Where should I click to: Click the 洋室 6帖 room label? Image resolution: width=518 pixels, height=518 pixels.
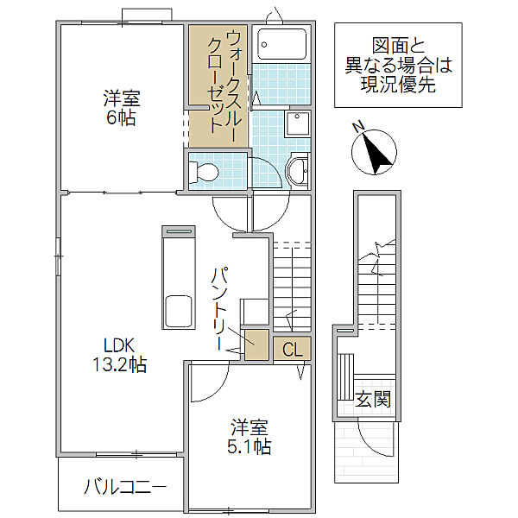point(120,108)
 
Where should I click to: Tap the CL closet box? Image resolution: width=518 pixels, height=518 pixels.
point(292,349)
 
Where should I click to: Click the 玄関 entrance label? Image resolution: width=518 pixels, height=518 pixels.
point(374,399)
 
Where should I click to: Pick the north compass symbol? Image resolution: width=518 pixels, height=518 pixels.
point(373,150)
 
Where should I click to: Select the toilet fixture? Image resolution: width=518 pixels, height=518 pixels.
point(205,171)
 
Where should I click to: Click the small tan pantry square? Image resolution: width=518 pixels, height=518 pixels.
point(256,344)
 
